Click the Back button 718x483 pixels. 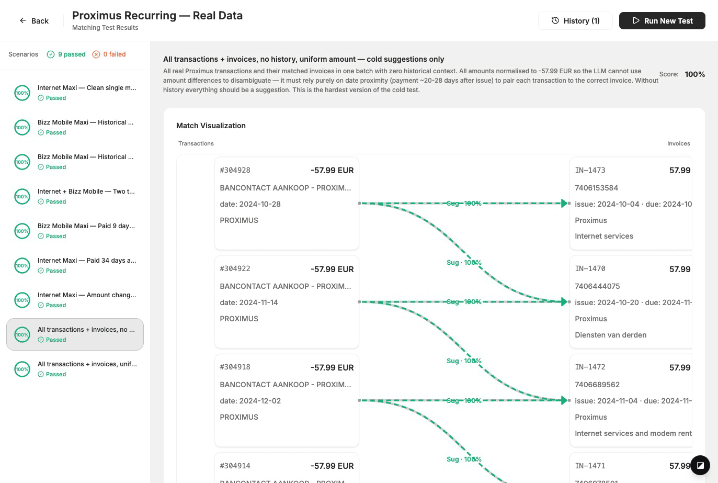point(34,21)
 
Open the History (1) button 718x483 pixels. point(575,21)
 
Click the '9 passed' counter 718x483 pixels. point(66,54)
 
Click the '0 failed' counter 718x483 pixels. point(109,54)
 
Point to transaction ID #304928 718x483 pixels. point(235,170)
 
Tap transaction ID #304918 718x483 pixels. point(235,367)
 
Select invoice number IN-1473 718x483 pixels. point(590,170)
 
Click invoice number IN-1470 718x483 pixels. point(590,268)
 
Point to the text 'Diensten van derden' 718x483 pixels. point(610,335)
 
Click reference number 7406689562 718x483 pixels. point(597,385)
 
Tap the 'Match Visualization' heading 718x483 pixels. point(211,126)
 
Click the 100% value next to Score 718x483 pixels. point(694,74)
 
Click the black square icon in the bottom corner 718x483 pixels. point(700,465)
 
